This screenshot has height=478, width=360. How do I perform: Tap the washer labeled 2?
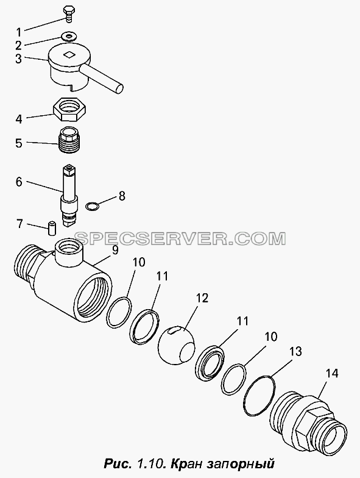[68, 37]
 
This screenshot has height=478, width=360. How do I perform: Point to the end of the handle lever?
[118, 88]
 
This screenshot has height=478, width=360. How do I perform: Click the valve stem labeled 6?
[69, 195]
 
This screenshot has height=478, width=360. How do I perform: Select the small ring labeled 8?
[91, 206]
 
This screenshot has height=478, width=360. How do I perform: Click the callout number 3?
[18, 59]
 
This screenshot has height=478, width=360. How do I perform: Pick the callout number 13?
[295, 351]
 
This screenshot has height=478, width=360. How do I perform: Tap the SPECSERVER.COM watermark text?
[180, 238]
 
